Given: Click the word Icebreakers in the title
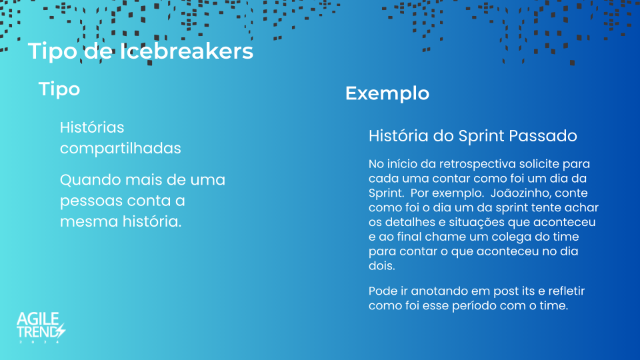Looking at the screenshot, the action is pos(186,51).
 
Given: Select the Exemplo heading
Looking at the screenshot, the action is pos(387,93).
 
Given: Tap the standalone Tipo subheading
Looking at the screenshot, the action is pos(59,89).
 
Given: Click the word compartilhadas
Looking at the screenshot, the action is pos(121,149).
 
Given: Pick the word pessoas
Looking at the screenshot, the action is pos(91,201).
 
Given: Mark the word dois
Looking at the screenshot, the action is pos(381,266).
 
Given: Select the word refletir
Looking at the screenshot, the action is pos(567,291).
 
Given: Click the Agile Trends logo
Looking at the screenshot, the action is pos(41,327).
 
